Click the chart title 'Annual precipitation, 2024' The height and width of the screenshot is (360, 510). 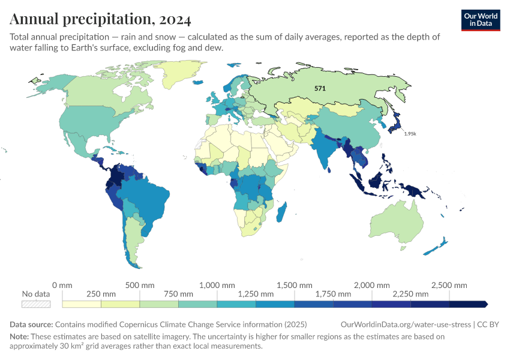[100, 19]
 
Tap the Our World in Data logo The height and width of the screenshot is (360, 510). [481, 20]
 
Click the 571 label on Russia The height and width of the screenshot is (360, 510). [320, 88]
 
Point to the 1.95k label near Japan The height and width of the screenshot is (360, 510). [410, 133]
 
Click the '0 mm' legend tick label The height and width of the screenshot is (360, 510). [62, 284]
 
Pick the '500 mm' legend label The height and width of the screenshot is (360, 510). [139, 284]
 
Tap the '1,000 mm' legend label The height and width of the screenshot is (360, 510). [217, 284]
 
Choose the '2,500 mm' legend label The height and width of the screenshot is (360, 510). [449, 284]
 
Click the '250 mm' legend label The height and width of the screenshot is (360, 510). [101, 294]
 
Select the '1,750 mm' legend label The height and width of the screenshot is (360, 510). [333, 294]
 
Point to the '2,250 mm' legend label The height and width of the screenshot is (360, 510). [410, 294]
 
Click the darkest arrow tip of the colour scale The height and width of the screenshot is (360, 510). [485, 304]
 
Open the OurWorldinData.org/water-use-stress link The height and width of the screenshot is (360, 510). [406, 325]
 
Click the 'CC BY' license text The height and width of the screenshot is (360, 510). [488, 325]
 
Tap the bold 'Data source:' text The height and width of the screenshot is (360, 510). [31, 325]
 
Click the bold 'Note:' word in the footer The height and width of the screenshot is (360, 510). [20, 337]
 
